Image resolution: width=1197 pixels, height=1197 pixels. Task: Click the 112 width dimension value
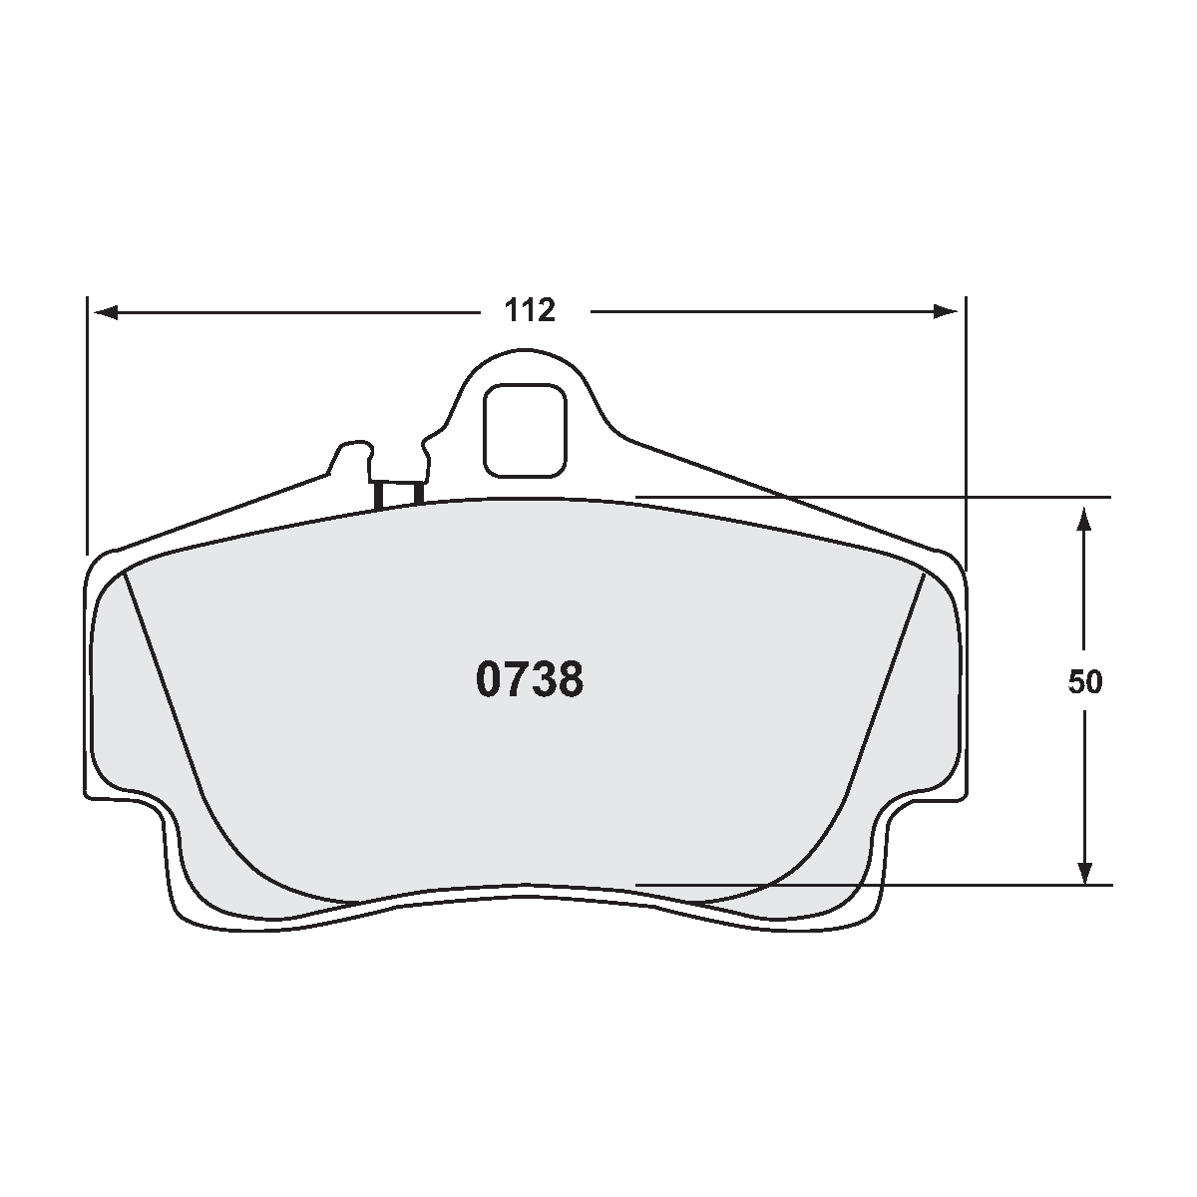point(529,311)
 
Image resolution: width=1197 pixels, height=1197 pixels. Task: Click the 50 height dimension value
point(1085,682)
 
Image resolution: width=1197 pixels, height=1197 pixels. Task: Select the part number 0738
point(529,680)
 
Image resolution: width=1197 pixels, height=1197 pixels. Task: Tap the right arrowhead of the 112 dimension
point(946,312)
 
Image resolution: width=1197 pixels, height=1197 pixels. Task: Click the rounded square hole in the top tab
point(526,430)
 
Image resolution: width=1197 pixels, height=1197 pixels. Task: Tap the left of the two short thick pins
point(379,495)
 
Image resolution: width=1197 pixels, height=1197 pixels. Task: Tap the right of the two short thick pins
point(418,492)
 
